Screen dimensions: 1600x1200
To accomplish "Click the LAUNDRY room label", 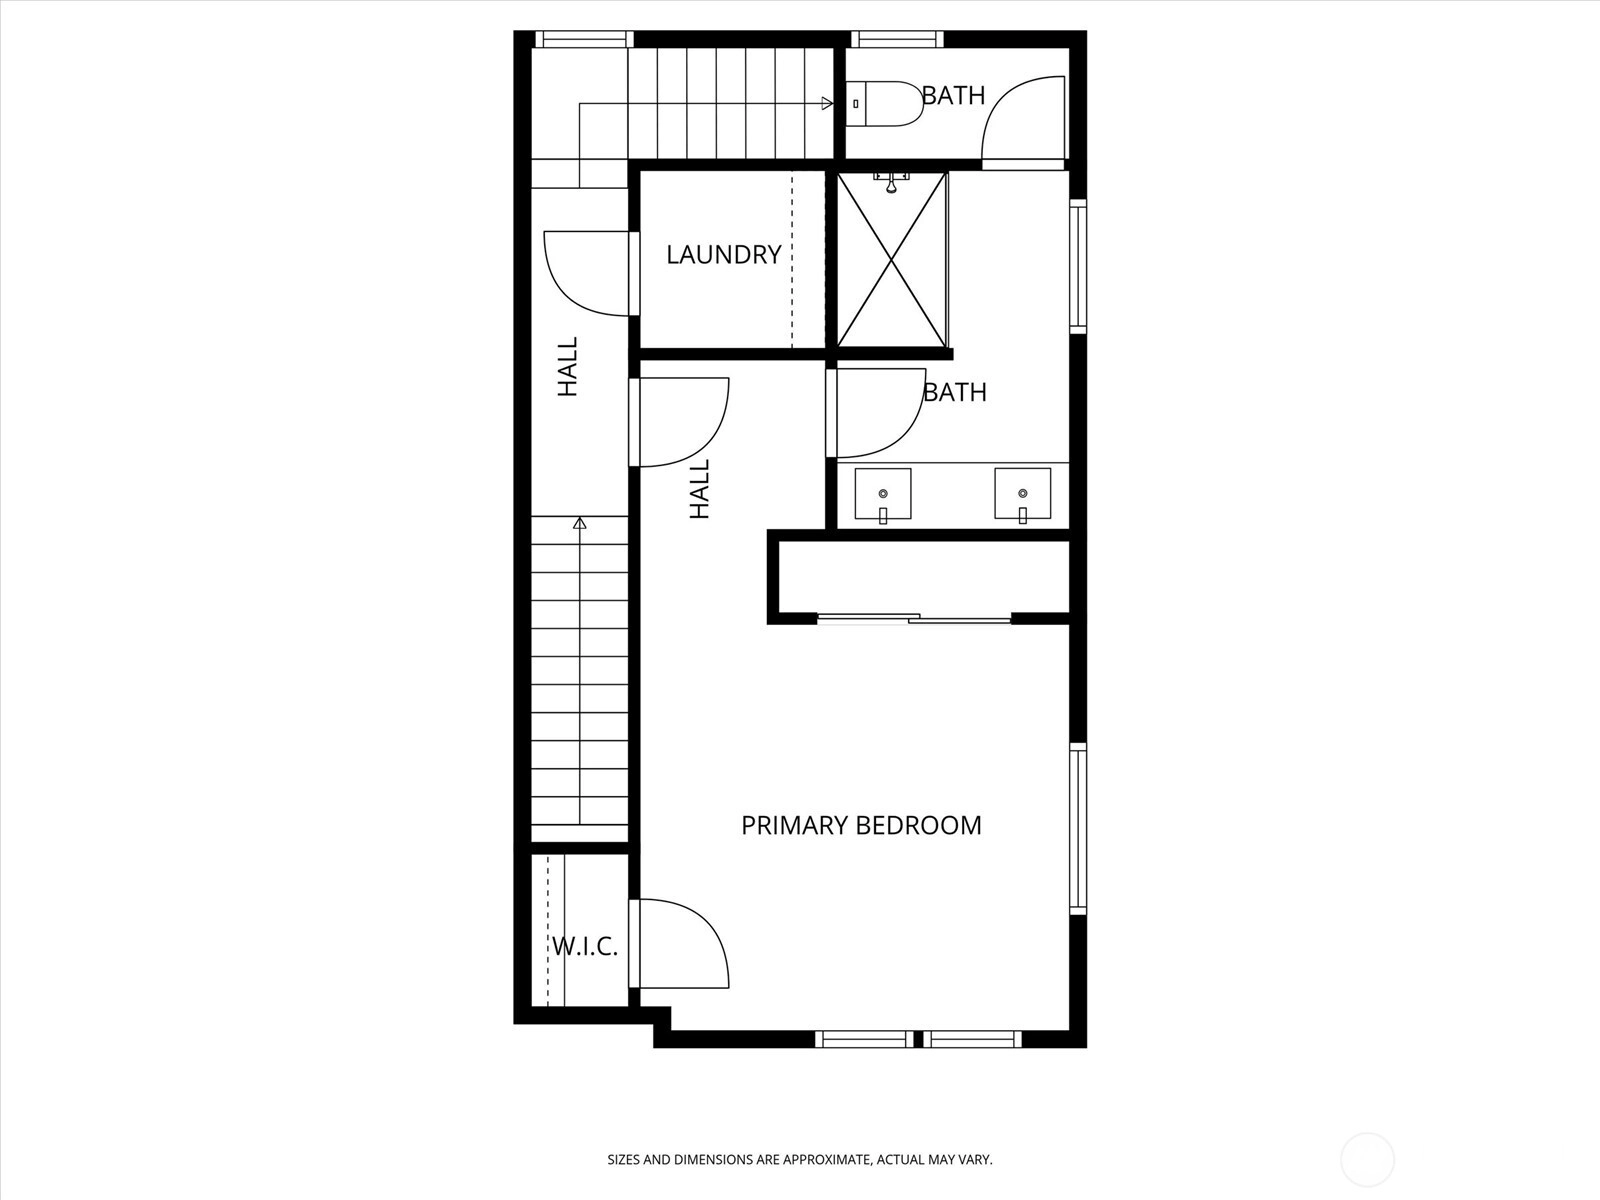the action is (x=724, y=254).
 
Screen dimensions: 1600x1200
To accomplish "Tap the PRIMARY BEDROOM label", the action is (x=861, y=826).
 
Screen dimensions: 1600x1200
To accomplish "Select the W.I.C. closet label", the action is (x=585, y=946).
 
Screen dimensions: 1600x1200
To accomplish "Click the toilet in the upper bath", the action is (x=884, y=104).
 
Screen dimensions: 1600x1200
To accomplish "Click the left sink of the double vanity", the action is (x=883, y=495).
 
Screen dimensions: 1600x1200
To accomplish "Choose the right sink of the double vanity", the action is (x=1023, y=495).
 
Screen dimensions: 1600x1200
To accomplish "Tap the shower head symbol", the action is (x=891, y=182).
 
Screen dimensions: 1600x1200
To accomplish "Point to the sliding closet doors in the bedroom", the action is (x=914, y=619).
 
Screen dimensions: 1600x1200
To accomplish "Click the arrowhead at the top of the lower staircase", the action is (x=579, y=522).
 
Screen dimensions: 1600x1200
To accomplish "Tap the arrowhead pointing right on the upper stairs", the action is (x=827, y=103).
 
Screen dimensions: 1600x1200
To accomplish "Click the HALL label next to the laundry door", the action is (x=568, y=366).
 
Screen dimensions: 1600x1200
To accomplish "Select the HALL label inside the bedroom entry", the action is (x=700, y=489).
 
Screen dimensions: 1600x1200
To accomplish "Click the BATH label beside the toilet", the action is (x=953, y=95).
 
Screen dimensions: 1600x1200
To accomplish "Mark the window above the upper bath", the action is (x=897, y=39).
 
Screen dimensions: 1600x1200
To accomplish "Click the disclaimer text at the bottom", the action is (x=800, y=1159).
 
